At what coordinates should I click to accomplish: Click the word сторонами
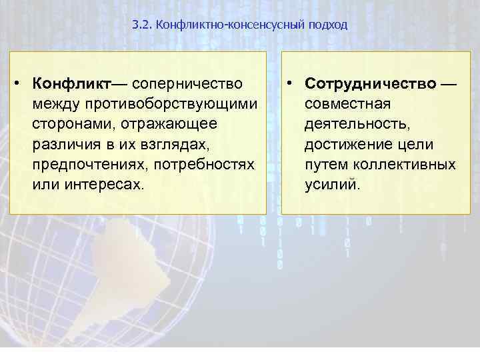point(66,124)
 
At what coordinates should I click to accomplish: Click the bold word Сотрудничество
point(371,84)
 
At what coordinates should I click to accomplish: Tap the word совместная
point(348,104)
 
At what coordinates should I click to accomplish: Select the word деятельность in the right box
point(352,124)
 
